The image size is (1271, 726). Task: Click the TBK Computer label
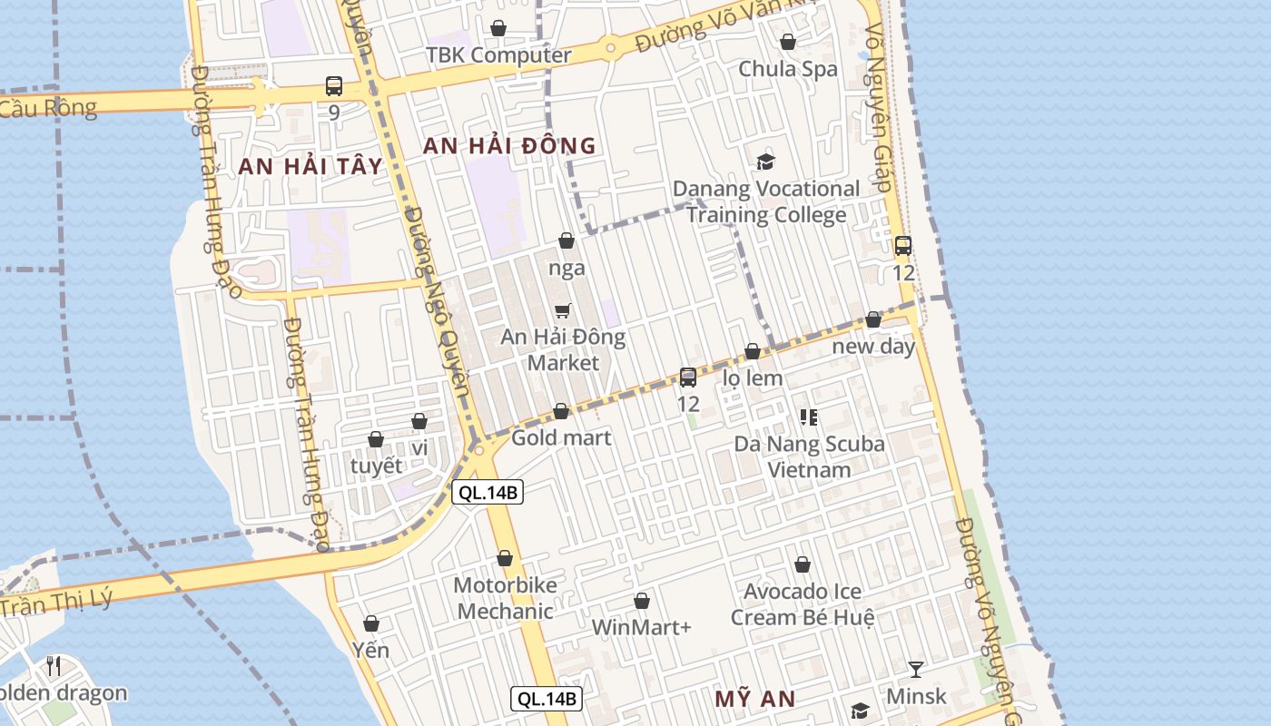click(499, 55)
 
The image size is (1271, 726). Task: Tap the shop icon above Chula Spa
click(788, 42)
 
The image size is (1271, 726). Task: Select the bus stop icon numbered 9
click(334, 87)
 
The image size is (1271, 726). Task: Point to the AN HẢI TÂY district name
click(310, 167)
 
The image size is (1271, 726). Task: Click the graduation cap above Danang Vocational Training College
click(766, 162)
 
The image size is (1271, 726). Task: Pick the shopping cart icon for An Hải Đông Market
click(563, 311)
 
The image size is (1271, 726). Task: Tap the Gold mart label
click(561, 438)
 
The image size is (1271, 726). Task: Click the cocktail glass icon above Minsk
click(916, 670)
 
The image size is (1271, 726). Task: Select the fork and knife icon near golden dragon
click(54, 667)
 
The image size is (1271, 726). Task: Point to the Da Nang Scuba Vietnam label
click(809, 456)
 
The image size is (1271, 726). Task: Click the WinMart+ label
click(642, 627)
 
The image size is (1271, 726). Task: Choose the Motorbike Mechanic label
click(505, 598)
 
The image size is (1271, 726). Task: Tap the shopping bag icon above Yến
click(371, 623)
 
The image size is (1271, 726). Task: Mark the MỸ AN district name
click(754, 700)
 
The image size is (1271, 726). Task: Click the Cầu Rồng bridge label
click(48, 108)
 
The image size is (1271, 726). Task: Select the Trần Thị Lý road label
click(56, 602)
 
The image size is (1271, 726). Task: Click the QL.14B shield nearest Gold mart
click(488, 493)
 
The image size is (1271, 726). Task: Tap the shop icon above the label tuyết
click(376, 439)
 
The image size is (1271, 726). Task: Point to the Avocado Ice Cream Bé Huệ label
click(803, 604)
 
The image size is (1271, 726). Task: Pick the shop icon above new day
click(873, 319)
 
